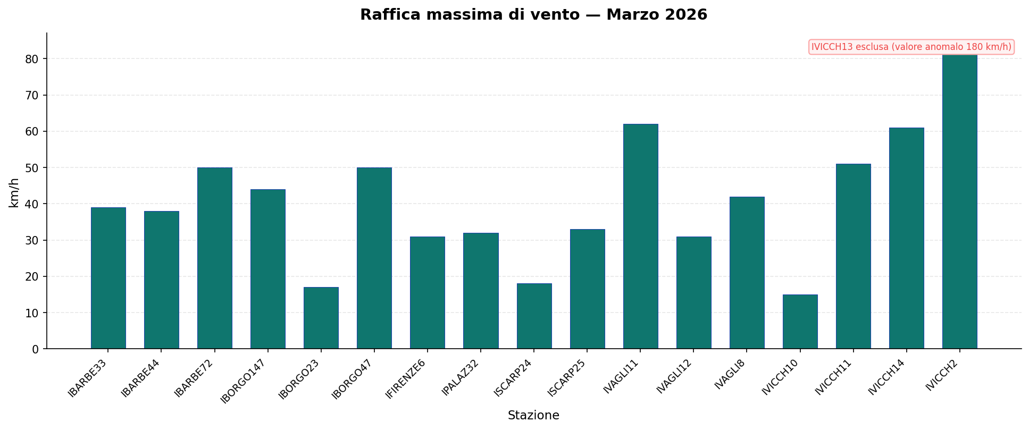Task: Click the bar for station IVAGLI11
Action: point(640,237)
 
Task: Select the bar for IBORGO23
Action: point(321,318)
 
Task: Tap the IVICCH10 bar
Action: point(800,322)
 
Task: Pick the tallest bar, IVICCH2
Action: point(959,202)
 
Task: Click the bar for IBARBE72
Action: point(214,258)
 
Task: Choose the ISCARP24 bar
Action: point(534,316)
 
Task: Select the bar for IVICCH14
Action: point(906,238)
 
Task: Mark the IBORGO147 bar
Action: point(267,269)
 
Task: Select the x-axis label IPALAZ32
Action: point(461,377)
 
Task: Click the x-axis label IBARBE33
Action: point(87,378)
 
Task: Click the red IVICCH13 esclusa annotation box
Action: point(911,47)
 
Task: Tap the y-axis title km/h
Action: point(14,192)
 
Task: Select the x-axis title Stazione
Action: point(533,416)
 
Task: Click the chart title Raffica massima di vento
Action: point(533,15)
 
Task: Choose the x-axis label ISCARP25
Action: point(567,377)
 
